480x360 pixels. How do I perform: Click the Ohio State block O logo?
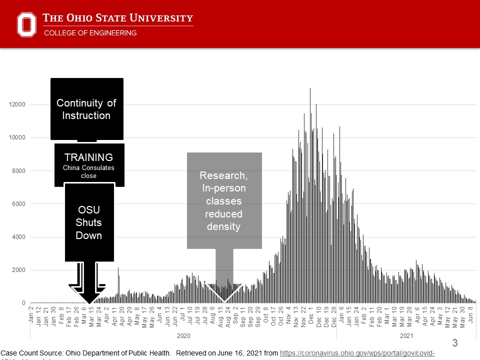pyautogui.click(x=27, y=24)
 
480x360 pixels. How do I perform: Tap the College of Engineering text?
pyautogui.click(x=90, y=33)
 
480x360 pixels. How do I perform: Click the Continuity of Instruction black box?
pyautogui.click(x=86, y=109)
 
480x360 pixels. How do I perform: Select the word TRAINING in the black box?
pyautogui.click(x=88, y=157)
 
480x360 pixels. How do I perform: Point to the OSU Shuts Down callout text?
pyautogui.click(x=89, y=222)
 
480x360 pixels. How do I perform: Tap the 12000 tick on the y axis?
pyautogui.click(x=19, y=105)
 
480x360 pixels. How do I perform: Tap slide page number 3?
pyautogui.click(x=454, y=343)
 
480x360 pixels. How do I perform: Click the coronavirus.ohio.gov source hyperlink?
pyautogui.click(x=357, y=353)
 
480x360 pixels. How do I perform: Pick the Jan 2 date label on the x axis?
pyautogui.click(x=31, y=316)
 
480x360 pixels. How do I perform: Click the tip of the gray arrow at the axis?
pyautogui.click(x=224, y=302)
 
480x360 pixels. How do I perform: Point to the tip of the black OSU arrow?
pyautogui.click(x=89, y=303)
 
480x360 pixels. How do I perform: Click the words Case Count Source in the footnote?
pyautogui.click(x=30, y=353)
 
